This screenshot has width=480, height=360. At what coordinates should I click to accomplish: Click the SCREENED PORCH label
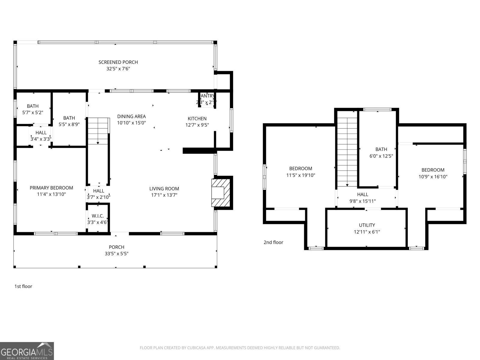pyautogui.click(x=118, y=62)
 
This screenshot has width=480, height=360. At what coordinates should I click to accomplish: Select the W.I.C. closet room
pyautogui.click(x=97, y=219)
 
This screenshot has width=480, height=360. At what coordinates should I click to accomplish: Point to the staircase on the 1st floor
pyautogui.click(x=98, y=131)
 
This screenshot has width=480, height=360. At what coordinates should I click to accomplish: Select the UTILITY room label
pyautogui.click(x=367, y=225)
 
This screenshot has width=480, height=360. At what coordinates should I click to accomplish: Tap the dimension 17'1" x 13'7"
pyautogui.click(x=164, y=195)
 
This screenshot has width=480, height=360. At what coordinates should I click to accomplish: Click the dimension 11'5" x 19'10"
pyautogui.click(x=301, y=175)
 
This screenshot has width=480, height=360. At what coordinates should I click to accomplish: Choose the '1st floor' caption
pyautogui.click(x=23, y=286)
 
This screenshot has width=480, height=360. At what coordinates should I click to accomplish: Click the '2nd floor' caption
pyautogui.click(x=273, y=242)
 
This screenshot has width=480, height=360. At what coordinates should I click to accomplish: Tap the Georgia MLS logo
pyautogui.click(x=27, y=351)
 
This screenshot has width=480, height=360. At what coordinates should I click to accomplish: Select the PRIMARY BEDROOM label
pyautogui.click(x=51, y=188)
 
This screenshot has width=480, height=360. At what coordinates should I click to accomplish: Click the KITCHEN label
pyautogui.click(x=197, y=118)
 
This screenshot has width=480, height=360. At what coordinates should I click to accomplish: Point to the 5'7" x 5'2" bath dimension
pyautogui.click(x=33, y=112)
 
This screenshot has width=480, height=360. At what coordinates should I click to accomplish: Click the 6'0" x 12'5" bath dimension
pyautogui.click(x=381, y=156)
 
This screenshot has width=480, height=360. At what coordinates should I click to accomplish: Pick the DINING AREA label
pyautogui.click(x=131, y=116)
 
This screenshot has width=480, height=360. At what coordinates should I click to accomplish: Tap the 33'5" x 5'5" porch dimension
pyautogui.click(x=116, y=253)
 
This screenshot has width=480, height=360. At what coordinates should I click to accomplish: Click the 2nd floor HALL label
pyautogui.click(x=362, y=195)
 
